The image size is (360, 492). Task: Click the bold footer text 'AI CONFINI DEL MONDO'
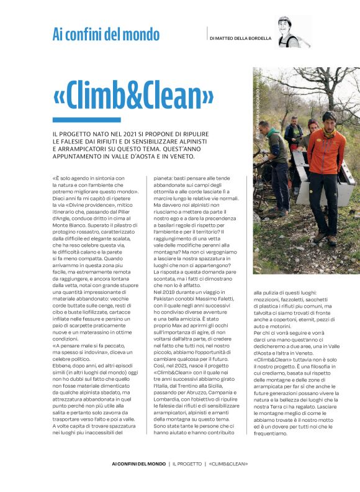point(140,463)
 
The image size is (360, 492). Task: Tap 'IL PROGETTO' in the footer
point(187,463)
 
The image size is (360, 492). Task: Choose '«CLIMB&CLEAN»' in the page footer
point(228,463)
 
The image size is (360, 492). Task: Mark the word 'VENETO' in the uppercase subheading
point(178,155)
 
